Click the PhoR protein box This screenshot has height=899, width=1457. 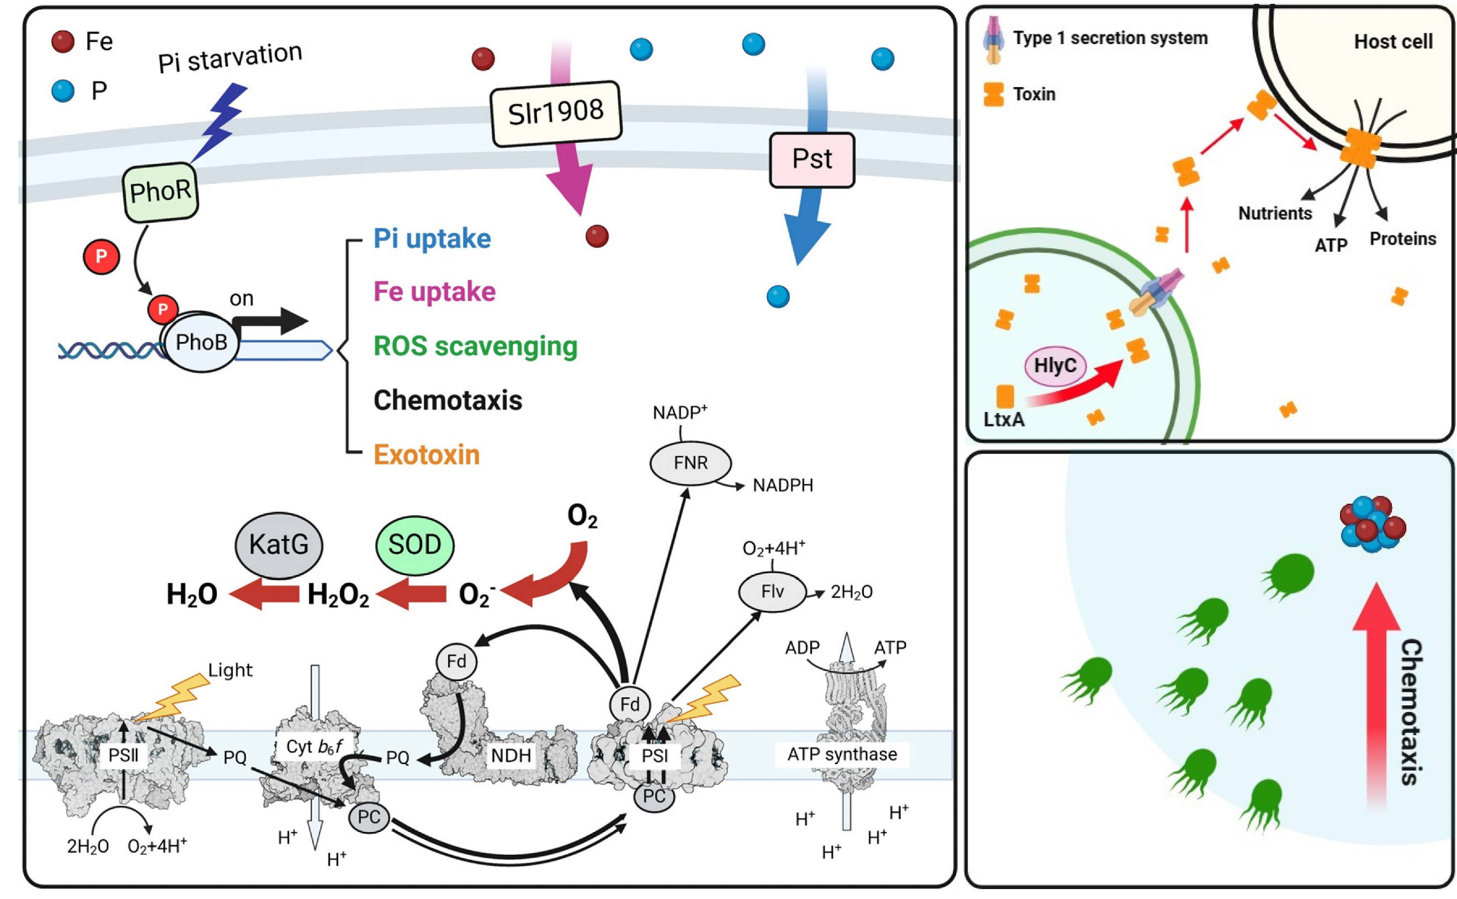pyautogui.click(x=160, y=192)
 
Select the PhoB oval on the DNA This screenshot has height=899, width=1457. pyautogui.click(x=201, y=342)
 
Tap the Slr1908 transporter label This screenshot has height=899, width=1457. pyautogui.click(x=556, y=113)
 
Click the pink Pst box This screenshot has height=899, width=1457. pyautogui.click(x=811, y=159)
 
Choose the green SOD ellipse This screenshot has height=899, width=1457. pyautogui.click(x=414, y=544)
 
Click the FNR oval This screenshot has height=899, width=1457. pyautogui.click(x=690, y=463)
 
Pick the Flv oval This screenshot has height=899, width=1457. pyautogui.click(x=772, y=592)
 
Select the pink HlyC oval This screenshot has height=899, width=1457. pyautogui.click(x=1055, y=366)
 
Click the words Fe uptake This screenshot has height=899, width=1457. pyautogui.click(x=434, y=292)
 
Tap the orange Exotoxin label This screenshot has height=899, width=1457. pyautogui.click(x=427, y=455)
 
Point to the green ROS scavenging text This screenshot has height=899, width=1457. pyautogui.click(x=475, y=346)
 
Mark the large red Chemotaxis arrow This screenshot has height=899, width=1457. pyautogui.click(x=1375, y=695)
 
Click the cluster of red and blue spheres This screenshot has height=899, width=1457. pyautogui.click(x=1372, y=523)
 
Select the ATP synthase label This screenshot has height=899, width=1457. pyautogui.click(x=842, y=754)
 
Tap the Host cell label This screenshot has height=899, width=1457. pyautogui.click(x=1393, y=41)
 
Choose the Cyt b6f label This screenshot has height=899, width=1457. pyautogui.click(x=313, y=747)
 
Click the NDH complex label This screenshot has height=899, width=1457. pyautogui.click(x=511, y=756)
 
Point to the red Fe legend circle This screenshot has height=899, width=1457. pyautogui.click(x=63, y=41)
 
